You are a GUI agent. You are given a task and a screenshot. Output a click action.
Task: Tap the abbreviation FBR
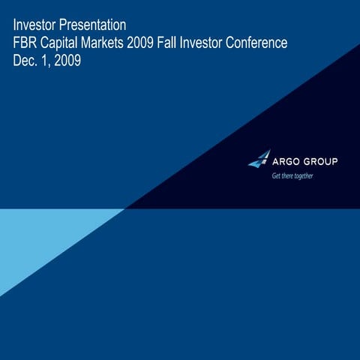tap(26, 44)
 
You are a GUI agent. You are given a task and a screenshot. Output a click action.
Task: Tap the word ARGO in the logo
tap(286, 161)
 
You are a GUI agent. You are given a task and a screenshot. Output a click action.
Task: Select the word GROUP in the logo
tap(321, 161)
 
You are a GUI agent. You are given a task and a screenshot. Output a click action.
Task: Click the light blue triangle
tap(37, 240)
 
